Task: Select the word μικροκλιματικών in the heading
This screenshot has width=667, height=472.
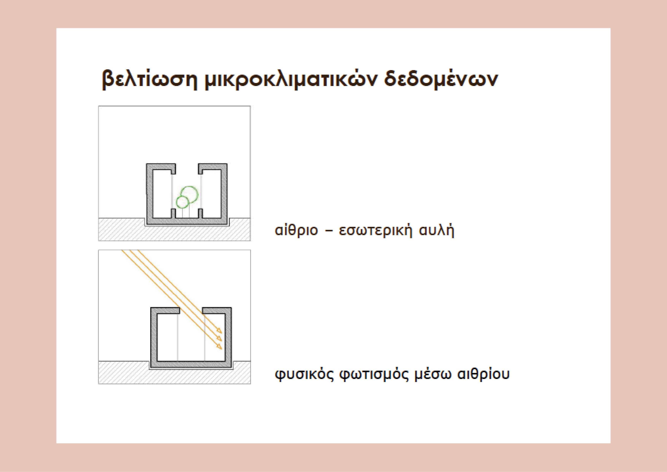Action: tap(291, 79)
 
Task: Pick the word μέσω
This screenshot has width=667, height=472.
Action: tap(433, 374)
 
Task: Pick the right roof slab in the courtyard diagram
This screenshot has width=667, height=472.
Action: tap(213, 167)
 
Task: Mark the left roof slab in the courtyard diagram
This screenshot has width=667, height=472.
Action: tap(161, 167)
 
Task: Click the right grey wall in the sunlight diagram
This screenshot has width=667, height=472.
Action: tap(228, 337)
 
